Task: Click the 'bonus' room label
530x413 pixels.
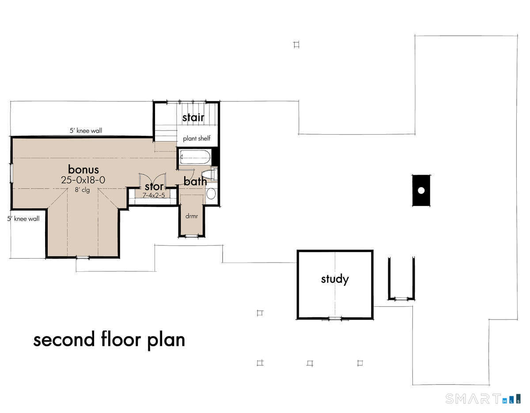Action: [83, 169]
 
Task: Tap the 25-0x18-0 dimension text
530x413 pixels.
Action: [83, 180]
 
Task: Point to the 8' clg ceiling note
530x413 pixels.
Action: [83, 190]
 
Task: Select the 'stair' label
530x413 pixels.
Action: [193, 117]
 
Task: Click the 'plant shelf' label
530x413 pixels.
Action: [197, 139]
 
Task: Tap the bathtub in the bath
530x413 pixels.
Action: [195, 157]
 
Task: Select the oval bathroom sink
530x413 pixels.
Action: [211, 194]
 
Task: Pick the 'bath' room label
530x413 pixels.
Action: [195, 181]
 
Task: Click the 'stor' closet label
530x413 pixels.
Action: [154, 187]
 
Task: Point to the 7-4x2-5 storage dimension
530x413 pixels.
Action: [154, 195]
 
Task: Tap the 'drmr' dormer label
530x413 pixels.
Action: [192, 216]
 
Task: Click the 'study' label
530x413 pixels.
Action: [335, 279]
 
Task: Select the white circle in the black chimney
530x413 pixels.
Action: [421, 190]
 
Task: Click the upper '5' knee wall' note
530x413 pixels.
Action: [86, 131]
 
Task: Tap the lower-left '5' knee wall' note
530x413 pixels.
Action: [23, 218]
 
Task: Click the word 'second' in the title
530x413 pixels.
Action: [64, 339]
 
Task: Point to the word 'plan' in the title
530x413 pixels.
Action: [166, 340]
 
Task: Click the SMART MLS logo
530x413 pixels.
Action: [483, 398]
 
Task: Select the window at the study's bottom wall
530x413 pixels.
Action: [335, 319]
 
